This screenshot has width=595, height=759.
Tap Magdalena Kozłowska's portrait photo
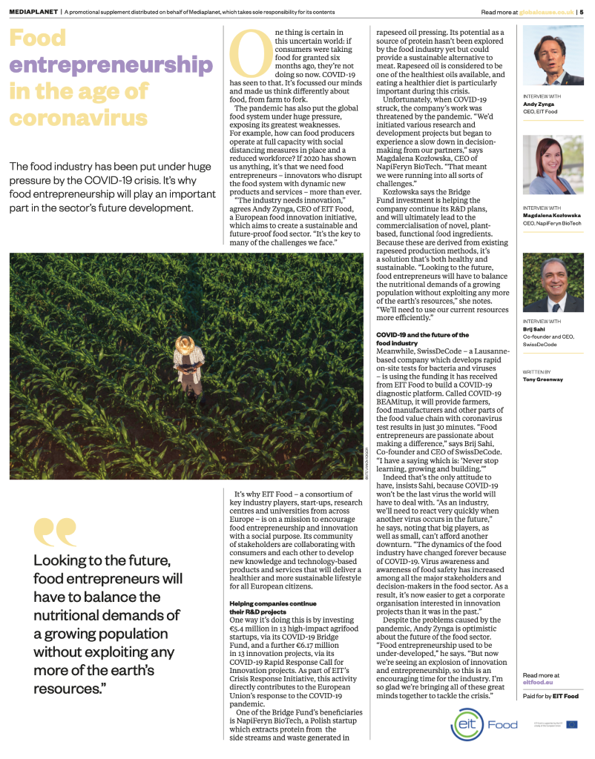[x=553, y=165]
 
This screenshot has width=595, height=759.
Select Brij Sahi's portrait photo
[x=553, y=282]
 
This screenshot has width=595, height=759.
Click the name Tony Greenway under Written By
[x=543, y=379]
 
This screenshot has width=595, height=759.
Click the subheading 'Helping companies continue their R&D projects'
[x=263, y=606]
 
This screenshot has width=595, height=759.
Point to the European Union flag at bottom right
[x=571, y=724]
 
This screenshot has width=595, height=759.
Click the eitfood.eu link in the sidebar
[x=539, y=683]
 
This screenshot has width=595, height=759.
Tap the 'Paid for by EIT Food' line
[x=550, y=697]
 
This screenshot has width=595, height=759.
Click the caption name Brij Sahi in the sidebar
[x=534, y=329]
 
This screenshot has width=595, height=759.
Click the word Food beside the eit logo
[x=502, y=724]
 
